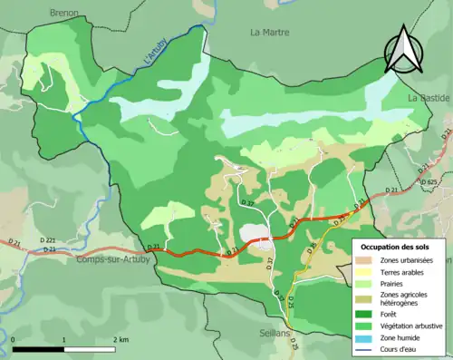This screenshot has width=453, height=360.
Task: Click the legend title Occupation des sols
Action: coord(397,246)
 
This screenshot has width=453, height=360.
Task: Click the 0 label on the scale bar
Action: coord(13,338)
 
